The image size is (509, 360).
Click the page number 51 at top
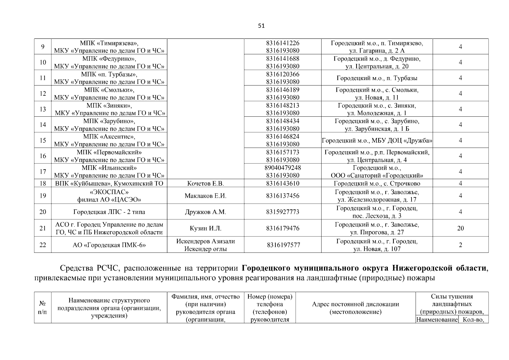click(261, 26)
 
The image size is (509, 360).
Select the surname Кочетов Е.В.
click(205, 184)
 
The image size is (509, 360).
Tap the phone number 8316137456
click(283, 196)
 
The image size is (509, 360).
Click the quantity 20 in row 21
click(460, 228)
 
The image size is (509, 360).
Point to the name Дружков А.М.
click(205, 212)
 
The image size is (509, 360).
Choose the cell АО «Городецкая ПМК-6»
click(109, 245)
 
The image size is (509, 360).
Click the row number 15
click(43, 140)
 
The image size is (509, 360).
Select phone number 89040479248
click(283, 168)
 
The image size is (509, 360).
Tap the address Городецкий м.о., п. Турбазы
click(377, 78)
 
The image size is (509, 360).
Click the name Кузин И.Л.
click(205, 228)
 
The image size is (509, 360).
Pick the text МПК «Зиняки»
click(109, 106)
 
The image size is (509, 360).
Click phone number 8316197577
click(283, 245)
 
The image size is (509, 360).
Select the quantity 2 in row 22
click(460, 245)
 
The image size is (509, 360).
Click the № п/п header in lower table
click(43, 308)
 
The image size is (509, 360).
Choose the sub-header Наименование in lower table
click(437, 320)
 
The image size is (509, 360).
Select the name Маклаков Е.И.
click(205, 196)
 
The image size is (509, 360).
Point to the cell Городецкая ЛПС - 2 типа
click(109, 212)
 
